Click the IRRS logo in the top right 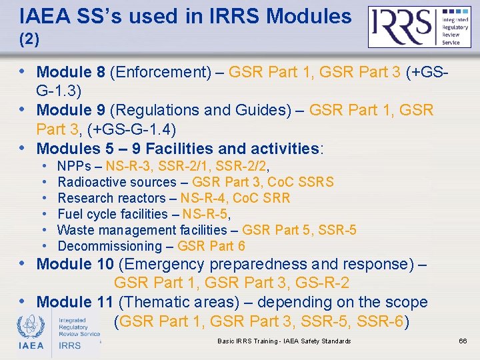coord(420,27)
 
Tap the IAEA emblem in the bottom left coord(31,332)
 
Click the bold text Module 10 coord(75,264)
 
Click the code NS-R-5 coord(205,214)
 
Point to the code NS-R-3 coord(132,166)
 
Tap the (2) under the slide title coord(29,40)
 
